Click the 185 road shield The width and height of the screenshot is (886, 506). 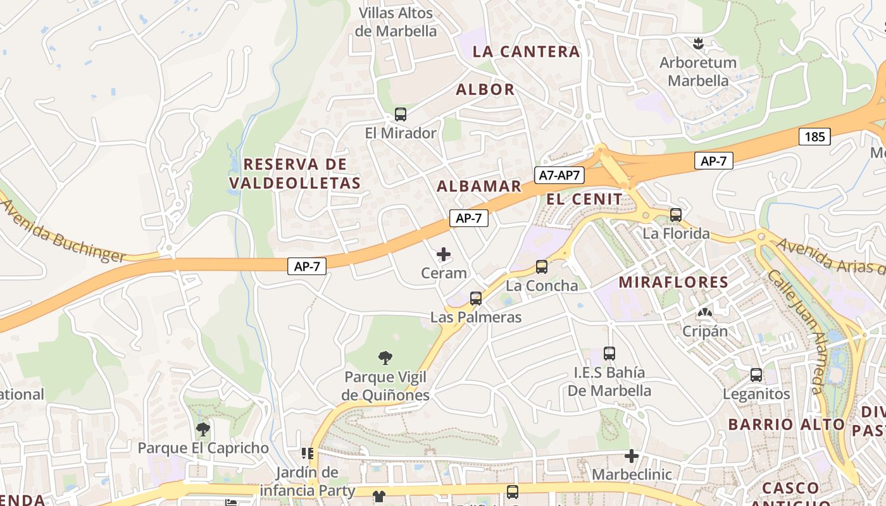pos(814,136)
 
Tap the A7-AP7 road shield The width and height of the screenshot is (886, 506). pos(559,175)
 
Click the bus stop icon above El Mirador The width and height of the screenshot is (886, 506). pos(401,114)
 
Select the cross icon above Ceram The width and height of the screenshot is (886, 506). pos(444,254)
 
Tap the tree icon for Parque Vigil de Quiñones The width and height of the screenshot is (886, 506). pos(385,358)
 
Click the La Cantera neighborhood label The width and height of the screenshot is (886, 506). pos(526,52)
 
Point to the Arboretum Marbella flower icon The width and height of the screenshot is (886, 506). pos(698,44)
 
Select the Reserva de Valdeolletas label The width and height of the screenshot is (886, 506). pos(295,174)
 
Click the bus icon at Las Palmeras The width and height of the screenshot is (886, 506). pos(476,299)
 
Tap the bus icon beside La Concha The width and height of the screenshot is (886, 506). pos(542,267)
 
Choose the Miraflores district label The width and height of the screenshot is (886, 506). pos(673,282)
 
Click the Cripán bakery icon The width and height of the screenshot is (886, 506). pos(704,312)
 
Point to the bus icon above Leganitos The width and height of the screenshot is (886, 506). pos(756,375)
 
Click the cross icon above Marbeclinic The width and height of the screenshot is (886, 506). pos(631,455)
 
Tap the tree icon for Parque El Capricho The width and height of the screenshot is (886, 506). pos(203,429)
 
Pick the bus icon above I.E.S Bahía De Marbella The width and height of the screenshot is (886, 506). pos(609,354)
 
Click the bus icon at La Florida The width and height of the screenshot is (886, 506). pos(676,215)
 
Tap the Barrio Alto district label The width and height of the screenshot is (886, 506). pos(786,424)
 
